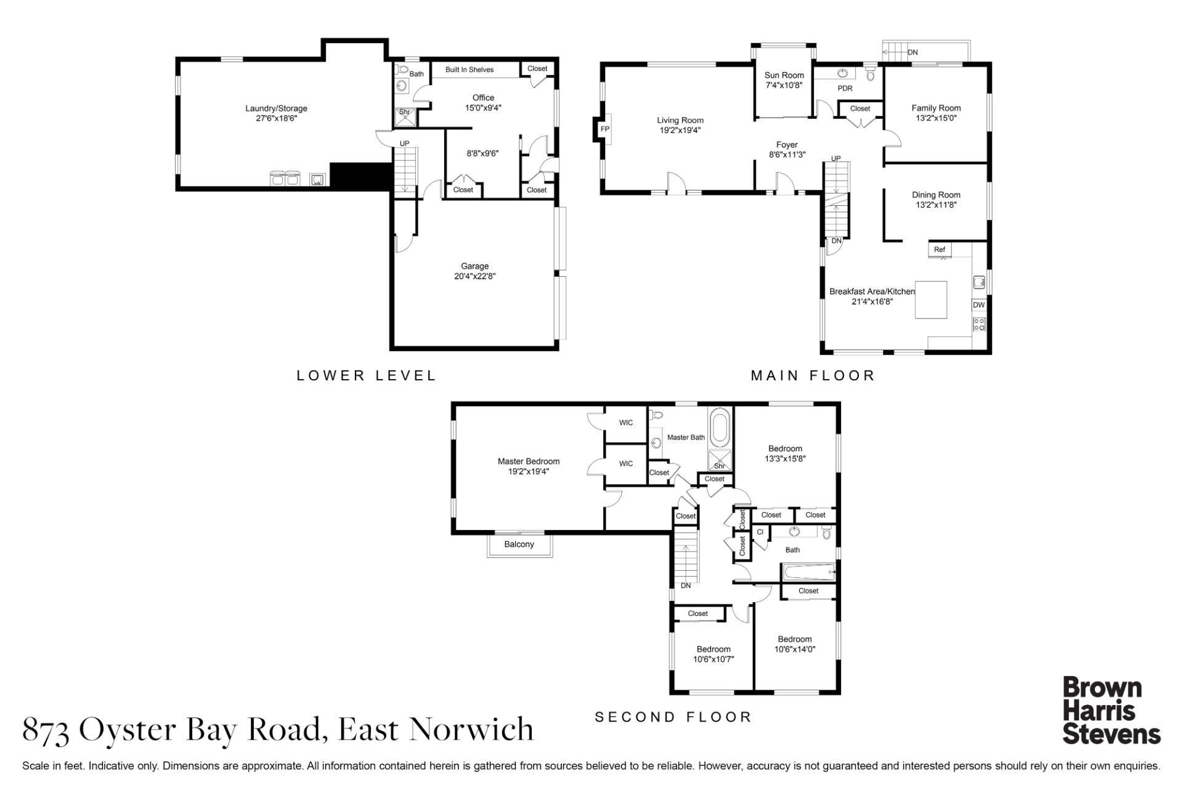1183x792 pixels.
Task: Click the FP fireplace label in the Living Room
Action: (604, 129)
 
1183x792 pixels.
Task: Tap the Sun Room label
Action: (784, 75)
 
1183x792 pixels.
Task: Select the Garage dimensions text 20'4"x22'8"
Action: (474, 277)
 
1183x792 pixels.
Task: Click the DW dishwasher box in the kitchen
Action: (978, 305)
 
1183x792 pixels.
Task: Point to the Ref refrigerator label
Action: (939, 250)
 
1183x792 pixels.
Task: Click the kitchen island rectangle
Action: (930, 300)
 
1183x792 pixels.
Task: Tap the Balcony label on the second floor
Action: (519, 544)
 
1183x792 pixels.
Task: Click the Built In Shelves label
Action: (470, 70)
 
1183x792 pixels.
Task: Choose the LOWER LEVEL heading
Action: (367, 375)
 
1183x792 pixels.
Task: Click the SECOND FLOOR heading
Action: (673, 717)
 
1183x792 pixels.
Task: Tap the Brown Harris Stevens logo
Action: (1112, 711)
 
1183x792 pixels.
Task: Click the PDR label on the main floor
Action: (845, 89)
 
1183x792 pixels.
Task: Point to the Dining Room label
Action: (936, 195)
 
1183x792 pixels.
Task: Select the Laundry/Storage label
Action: (276, 108)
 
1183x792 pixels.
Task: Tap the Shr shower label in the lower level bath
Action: (405, 112)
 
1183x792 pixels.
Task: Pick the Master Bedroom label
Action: (529, 462)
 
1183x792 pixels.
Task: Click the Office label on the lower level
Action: (483, 97)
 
